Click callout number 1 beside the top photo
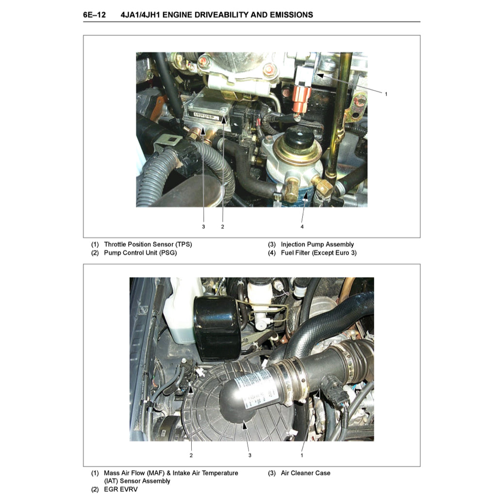(386, 94)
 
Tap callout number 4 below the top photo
(302, 226)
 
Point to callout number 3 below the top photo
(203, 226)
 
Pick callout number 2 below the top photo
(222, 226)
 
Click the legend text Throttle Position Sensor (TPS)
(151, 245)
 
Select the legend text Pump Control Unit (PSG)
(140, 253)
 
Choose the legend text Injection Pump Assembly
(317, 245)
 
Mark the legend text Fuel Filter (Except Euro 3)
(318, 253)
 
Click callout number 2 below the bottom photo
(191, 455)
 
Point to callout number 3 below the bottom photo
(249, 455)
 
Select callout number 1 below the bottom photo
(301, 455)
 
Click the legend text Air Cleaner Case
(305, 473)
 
